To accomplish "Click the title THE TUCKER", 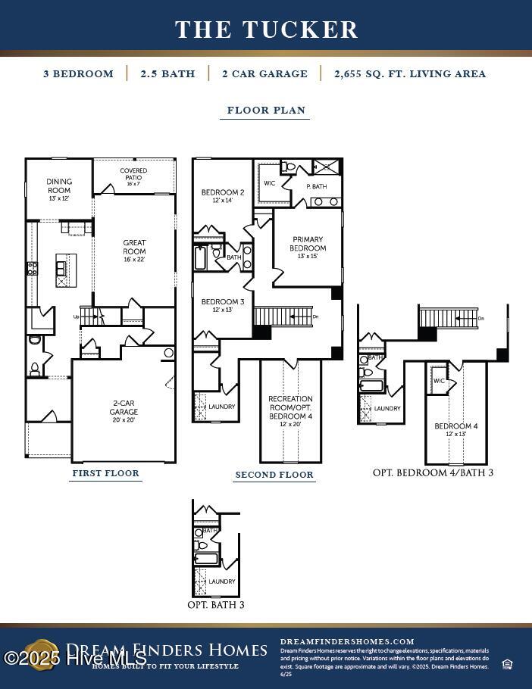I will pos(266,30).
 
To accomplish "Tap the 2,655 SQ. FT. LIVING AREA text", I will pos(410,73).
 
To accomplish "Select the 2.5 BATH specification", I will pos(167,73).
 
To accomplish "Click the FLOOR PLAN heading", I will pos(266,110).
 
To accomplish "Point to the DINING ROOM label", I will pos(59,186).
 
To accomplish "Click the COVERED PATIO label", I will pos(133,176).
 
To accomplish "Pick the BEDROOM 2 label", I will pos(223,196).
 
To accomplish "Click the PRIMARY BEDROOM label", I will pos(308,248).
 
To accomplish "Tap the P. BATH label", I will pos(316,186).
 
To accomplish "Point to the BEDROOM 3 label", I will pos(223,305).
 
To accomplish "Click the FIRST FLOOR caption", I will pos(106,473).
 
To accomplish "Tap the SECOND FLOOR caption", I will pos(274,475).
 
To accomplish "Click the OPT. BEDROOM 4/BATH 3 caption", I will pos(433,472).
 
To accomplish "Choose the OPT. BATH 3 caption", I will pos(216,605).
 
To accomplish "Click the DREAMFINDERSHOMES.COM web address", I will pos(347,641).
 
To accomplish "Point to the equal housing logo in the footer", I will pos(507,665).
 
